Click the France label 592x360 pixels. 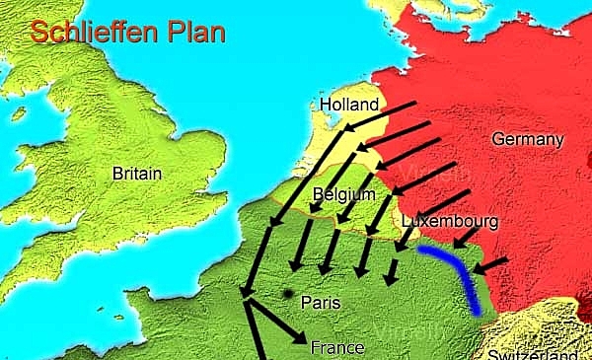(336, 347)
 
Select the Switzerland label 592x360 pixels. (538, 353)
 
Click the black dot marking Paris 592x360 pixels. (286, 293)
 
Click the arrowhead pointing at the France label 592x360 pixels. (297, 341)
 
